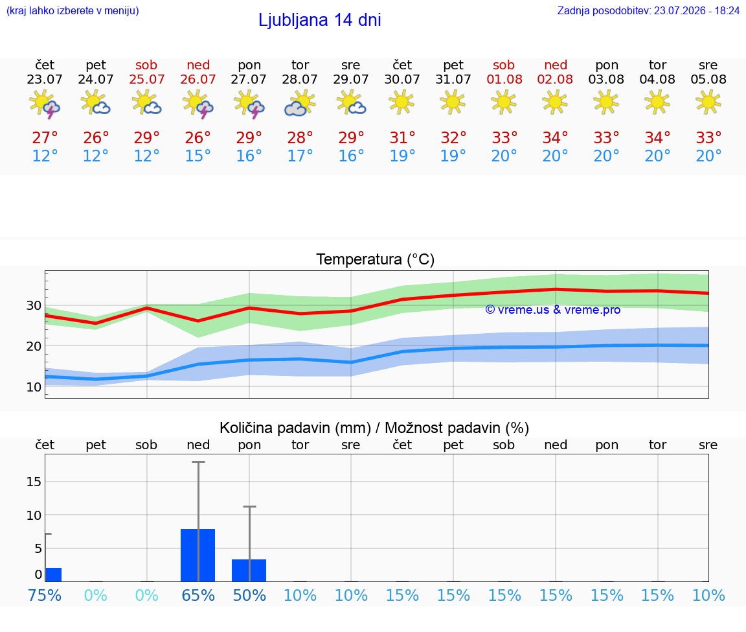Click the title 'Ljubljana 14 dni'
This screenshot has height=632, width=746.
tap(319, 20)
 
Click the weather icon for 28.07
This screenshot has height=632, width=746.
tap(300, 103)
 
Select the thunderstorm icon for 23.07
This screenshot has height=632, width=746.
tap(45, 104)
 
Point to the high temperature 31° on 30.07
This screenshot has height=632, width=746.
tap(403, 138)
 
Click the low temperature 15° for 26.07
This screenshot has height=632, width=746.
tap(198, 156)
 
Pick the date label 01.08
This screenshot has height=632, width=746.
tap(504, 80)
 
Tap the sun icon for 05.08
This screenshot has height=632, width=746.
tap(708, 102)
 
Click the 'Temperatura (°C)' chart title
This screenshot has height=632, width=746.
tap(376, 259)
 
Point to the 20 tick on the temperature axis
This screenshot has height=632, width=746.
tap(34, 346)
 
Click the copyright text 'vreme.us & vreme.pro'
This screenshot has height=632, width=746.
tap(553, 310)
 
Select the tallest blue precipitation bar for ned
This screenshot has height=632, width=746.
tap(198, 555)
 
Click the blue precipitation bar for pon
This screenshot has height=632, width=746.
tap(249, 570)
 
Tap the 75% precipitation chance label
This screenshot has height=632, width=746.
tap(45, 596)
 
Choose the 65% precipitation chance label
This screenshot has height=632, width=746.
tap(198, 596)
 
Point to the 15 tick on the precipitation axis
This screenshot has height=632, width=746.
tap(34, 482)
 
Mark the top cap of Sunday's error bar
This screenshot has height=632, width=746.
tap(198, 462)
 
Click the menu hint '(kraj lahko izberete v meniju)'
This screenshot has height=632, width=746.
tap(73, 11)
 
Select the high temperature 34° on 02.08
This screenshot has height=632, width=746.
tap(555, 138)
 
